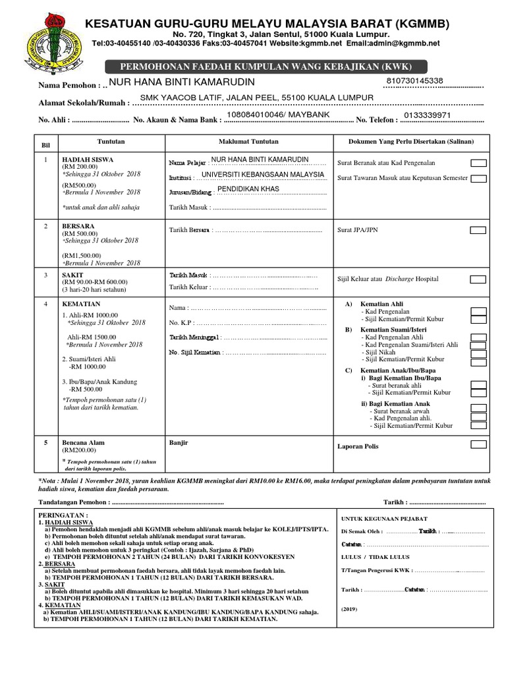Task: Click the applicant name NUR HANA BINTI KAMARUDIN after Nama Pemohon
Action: (x=182, y=82)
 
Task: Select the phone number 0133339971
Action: (x=427, y=115)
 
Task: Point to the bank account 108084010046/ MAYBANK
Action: (x=277, y=115)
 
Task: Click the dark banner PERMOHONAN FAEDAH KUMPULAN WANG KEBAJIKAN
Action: (x=266, y=67)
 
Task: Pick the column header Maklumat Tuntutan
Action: (x=248, y=142)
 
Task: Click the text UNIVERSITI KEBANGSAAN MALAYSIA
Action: (x=263, y=175)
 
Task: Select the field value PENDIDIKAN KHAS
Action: (x=248, y=189)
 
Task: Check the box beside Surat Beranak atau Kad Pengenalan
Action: (x=478, y=163)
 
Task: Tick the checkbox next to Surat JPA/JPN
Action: (x=478, y=231)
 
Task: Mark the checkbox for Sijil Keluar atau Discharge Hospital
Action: (x=478, y=279)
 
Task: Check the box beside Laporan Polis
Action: (x=478, y=445)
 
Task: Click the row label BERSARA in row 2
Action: (x=78, y=226)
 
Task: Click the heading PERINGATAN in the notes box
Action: (x=63, y=514)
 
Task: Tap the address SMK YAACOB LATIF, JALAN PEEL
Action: (x=252, y=98)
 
